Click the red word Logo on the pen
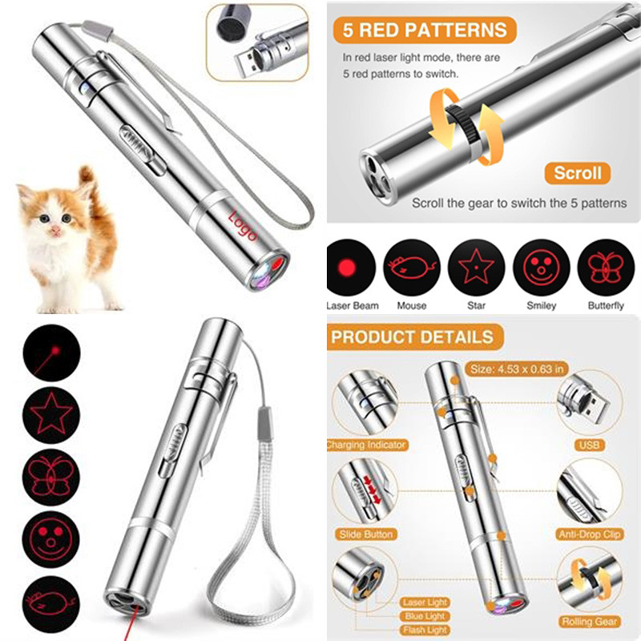tap(244, 226)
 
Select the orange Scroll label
tap(577, 173)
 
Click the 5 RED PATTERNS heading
tap(425, 30)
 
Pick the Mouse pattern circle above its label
tap(412, 268)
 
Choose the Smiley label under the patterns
tap(542, 306)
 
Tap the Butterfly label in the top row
tap(606, 306)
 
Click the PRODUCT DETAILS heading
tap(412, 337)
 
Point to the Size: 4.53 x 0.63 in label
tap(517, 369)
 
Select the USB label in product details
tap(589, 445)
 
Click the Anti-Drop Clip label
tap(590, 534)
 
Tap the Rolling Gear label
tap(589, 622)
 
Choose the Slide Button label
tap(366, 534)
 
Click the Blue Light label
tap(425, 616)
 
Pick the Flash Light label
tap(425, 630)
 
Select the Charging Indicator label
tap(367, 445)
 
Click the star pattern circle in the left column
tap(51, 414)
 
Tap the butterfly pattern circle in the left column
tap(51, 477)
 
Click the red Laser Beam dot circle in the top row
tap(351, 268)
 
